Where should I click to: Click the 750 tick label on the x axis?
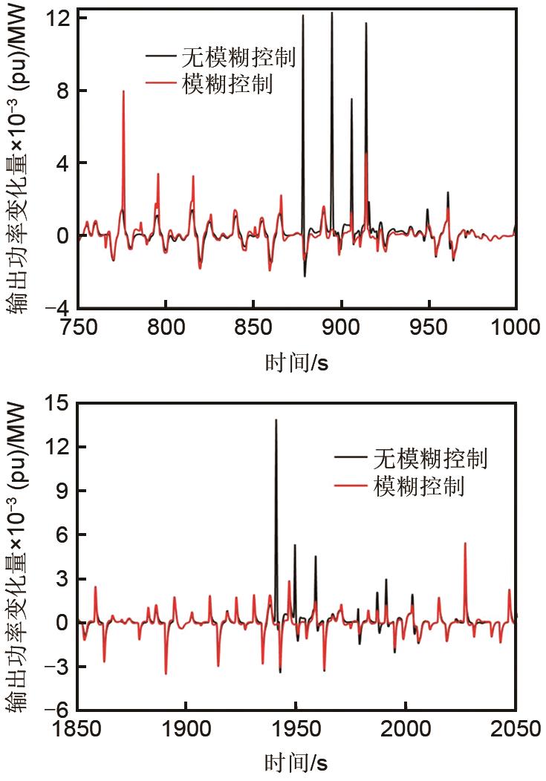click(x=78, y=328)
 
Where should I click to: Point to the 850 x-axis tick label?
click(x=253, y=328)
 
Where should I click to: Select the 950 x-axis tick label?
click(x=428, y=328)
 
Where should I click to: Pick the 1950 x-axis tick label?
click(x=296, y=729)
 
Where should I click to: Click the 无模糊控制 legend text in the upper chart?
click(x=238, y=57)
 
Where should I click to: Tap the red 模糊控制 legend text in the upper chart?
click(x=227, y=85)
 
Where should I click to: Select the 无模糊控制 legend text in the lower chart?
click(x=430, y=459)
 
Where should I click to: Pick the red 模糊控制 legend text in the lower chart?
click(x=419, y=487)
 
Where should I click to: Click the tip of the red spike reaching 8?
click(x=123, y=91)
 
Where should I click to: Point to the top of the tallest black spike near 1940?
click(x=276, y=420)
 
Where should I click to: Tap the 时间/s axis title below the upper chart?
click(x=296, y=363)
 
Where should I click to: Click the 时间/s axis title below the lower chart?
click(x=296, y=762)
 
